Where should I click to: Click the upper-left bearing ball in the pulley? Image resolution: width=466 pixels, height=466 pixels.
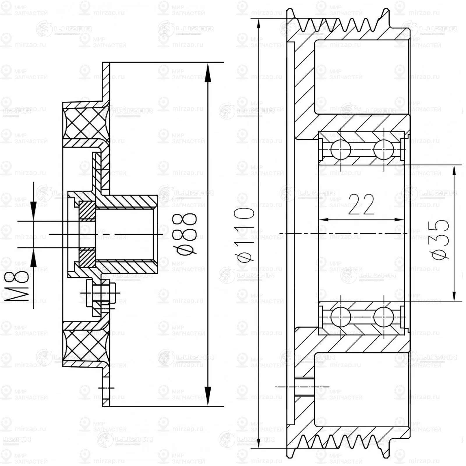click(x=340, y=149)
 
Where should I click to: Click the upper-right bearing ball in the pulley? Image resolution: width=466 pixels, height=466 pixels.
click(x=384, y=149)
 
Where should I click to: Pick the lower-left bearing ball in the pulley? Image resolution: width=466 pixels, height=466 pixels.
click(x=340, y=317)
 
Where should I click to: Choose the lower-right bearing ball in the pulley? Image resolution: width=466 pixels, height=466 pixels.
click(x=384, y=317)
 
